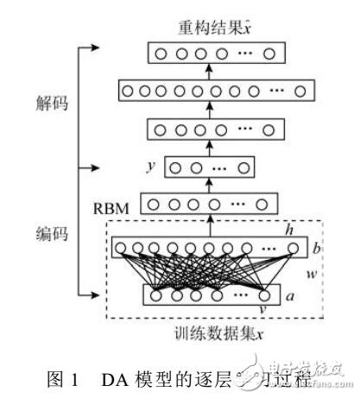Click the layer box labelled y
pos(210,167)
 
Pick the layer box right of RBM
pos(211,205)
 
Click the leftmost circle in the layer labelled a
pos(157,294)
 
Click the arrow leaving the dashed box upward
pos(208,225)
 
